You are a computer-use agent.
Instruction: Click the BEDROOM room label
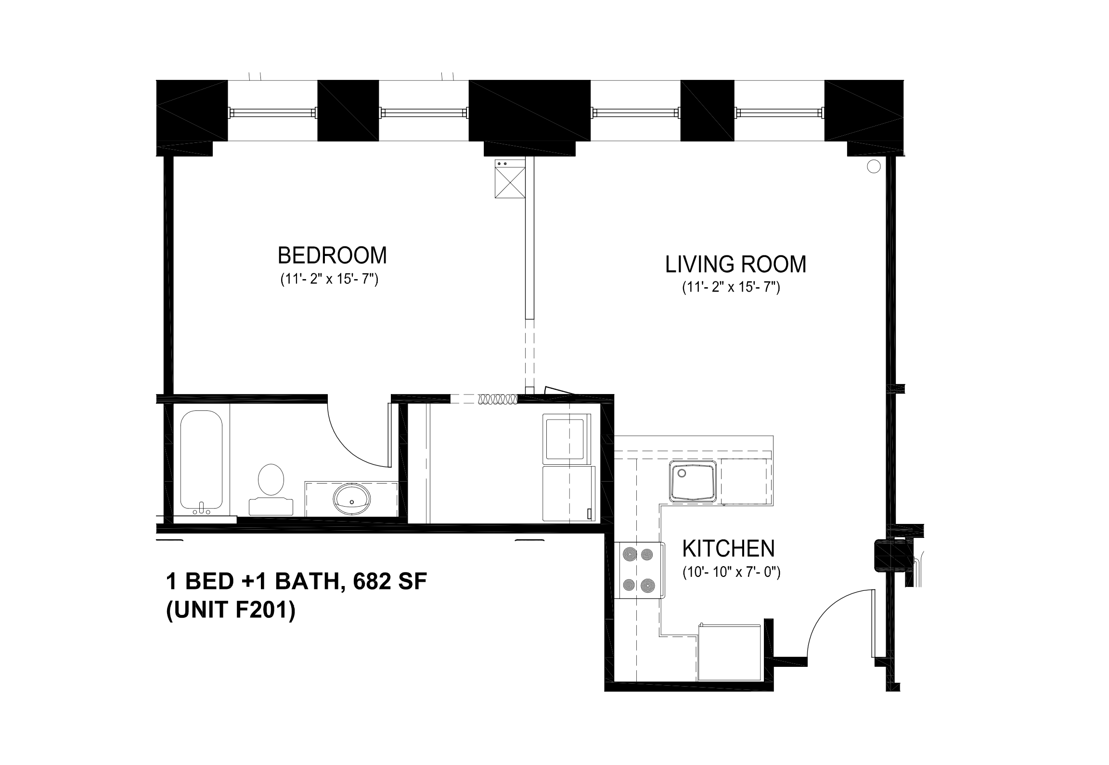(332, 255)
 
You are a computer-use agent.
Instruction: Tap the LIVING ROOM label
(735, 265)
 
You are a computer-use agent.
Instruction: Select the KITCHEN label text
(729, 548)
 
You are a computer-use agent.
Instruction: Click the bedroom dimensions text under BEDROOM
(329, 280)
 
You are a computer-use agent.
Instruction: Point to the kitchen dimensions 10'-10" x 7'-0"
(731, 573)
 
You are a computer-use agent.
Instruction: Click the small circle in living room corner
(873, 167)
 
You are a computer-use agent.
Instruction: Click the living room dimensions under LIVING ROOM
(731, 288)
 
